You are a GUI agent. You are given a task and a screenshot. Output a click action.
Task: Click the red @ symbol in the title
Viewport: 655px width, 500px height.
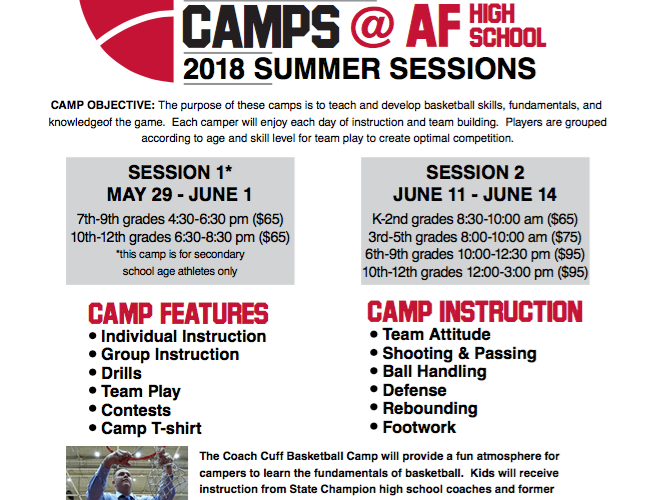[x=373, y=26]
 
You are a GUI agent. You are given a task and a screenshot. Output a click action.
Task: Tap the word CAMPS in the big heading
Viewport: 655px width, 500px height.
[x=261, y=26]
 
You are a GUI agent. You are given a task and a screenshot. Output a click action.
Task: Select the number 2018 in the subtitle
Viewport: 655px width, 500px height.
[x=214, y=69]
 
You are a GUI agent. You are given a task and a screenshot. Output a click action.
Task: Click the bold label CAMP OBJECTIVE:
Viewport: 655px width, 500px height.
[x=103, y=105]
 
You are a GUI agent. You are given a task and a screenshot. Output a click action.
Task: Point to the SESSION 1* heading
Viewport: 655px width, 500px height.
[x=180, y=172]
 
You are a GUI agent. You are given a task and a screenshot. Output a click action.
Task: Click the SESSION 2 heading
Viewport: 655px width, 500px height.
[x=475, y=172]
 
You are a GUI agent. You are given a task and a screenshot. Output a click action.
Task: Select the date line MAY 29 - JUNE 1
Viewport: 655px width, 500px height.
[x=180, y=195]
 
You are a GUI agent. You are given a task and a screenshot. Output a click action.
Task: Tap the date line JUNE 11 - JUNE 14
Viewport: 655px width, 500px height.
[x=475, y=195]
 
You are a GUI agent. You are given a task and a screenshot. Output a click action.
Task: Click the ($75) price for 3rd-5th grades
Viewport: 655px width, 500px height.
[x=566, y=237]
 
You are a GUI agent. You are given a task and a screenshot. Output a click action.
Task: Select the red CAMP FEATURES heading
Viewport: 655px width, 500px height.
[x=178, y=314]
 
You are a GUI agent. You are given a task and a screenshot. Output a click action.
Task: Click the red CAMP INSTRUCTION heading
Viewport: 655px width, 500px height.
[x=475, y=312]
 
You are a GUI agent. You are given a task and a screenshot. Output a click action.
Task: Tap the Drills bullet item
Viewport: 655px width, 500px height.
[x=121, y=373]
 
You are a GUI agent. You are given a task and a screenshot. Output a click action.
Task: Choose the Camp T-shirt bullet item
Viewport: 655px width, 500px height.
[x=151, y=428]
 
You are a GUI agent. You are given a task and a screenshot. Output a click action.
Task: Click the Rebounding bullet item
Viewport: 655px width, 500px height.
[x=430, y=409]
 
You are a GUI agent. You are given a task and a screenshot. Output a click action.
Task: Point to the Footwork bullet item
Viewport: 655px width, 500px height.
[x=419, y=427]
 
